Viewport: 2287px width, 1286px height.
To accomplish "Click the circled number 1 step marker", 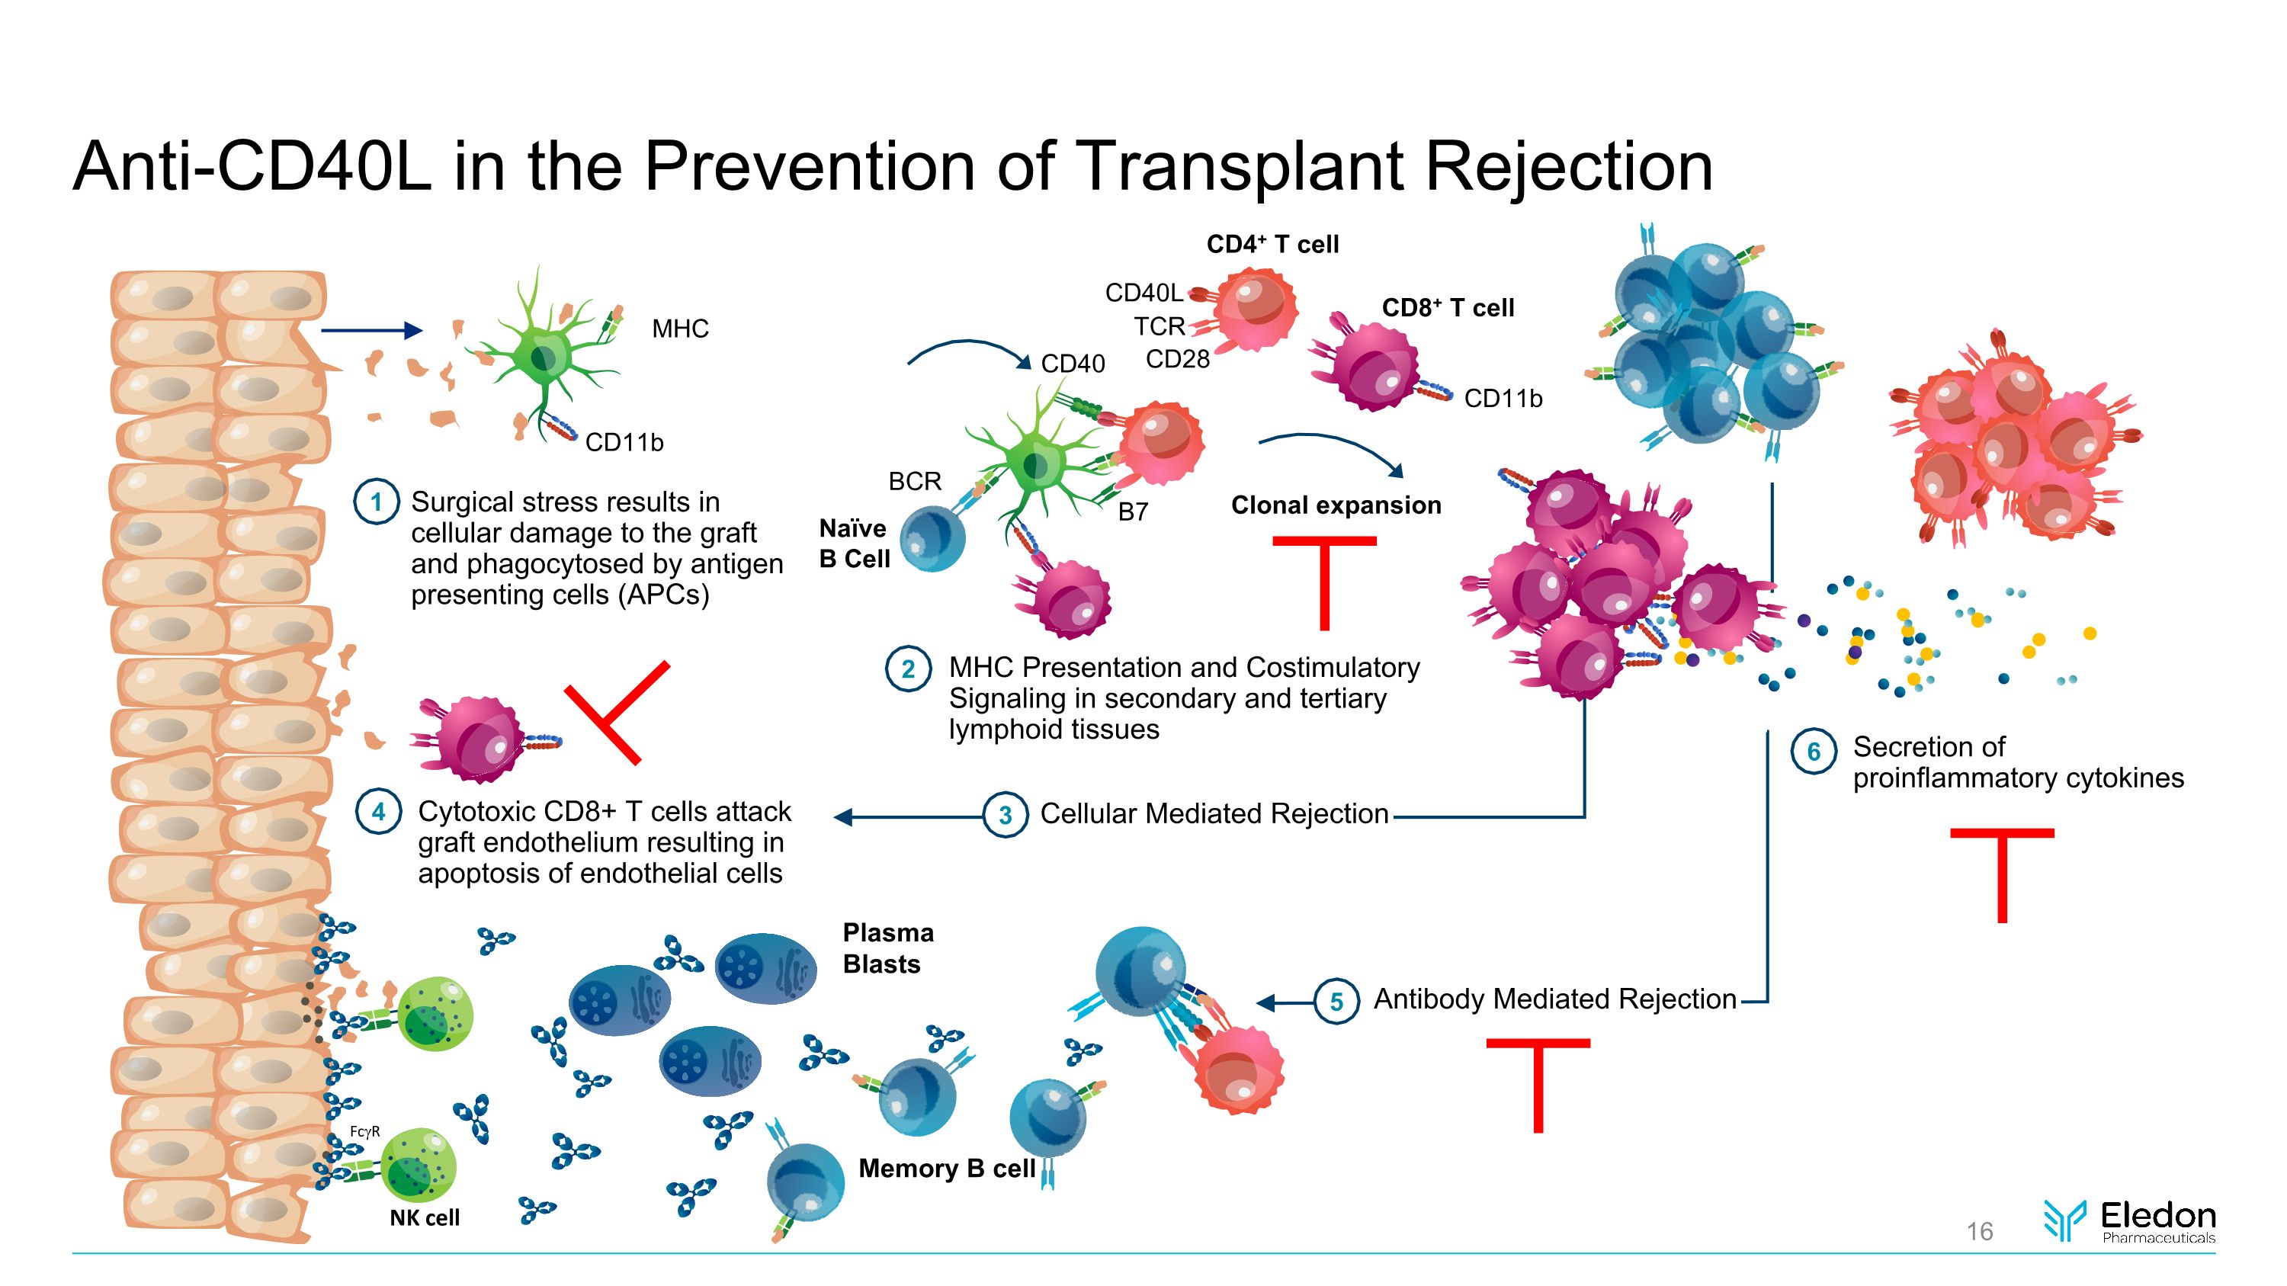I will (376, 502).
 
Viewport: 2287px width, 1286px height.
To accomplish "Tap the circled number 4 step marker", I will (378, 811).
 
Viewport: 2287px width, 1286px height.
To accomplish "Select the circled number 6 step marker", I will (1813, 752).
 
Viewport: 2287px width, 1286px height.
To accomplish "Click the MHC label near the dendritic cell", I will (680, 329).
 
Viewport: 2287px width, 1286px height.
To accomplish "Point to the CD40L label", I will (1143, 293).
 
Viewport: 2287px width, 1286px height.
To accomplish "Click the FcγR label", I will (365, 1131).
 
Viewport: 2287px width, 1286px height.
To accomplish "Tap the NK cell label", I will (425, 1217).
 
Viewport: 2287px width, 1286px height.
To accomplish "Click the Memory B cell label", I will (946, 1169).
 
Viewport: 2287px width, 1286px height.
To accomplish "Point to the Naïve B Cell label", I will (853, 544).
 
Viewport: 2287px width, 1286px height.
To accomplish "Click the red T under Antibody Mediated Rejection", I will (1538, 1082).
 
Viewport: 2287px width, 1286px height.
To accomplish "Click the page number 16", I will (1979, 1232).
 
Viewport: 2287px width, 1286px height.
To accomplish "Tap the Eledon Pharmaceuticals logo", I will (2130, 1221).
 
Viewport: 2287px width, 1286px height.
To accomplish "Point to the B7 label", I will (1133, 512).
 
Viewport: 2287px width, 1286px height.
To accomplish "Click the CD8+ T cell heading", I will (1447, 308).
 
